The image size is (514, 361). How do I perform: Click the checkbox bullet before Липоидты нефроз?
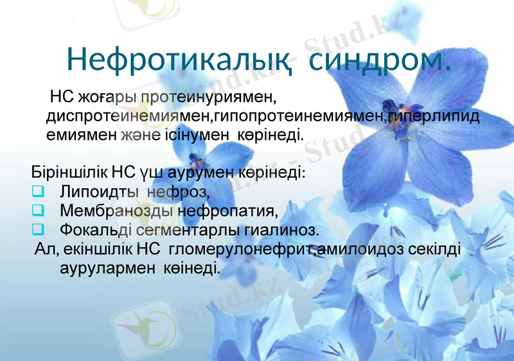tap(38, 191)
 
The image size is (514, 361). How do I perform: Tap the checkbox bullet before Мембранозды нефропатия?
tap(38, 210)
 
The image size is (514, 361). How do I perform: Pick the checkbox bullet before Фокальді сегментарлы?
tap(38, 229)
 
